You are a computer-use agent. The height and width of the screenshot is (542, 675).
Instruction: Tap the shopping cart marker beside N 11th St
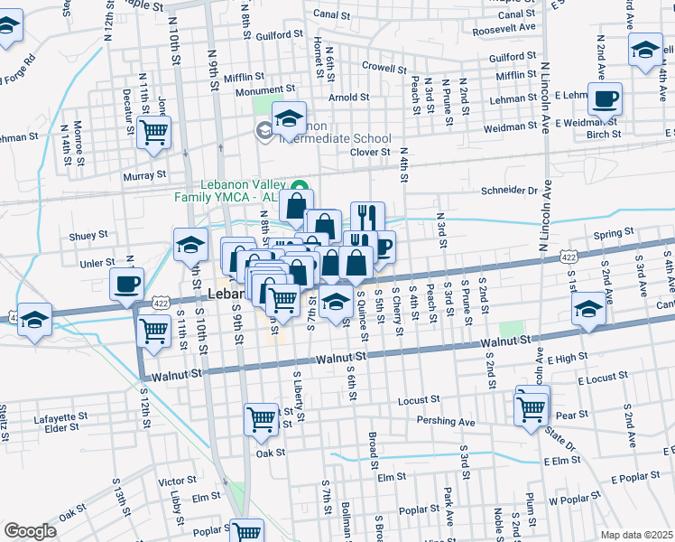point(154,132)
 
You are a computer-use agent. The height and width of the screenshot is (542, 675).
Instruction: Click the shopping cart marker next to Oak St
point(261,418)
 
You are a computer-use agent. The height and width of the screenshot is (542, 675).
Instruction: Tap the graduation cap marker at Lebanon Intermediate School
point(289,119)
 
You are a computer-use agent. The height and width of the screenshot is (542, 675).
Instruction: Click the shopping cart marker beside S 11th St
point(154,330)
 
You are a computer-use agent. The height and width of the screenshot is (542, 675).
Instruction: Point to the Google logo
point(30,531)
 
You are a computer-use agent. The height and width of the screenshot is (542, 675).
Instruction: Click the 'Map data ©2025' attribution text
point(636,534)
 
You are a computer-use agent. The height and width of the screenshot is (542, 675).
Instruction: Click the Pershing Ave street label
point(445,421)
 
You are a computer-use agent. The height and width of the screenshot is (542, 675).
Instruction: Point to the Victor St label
point(177,481)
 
